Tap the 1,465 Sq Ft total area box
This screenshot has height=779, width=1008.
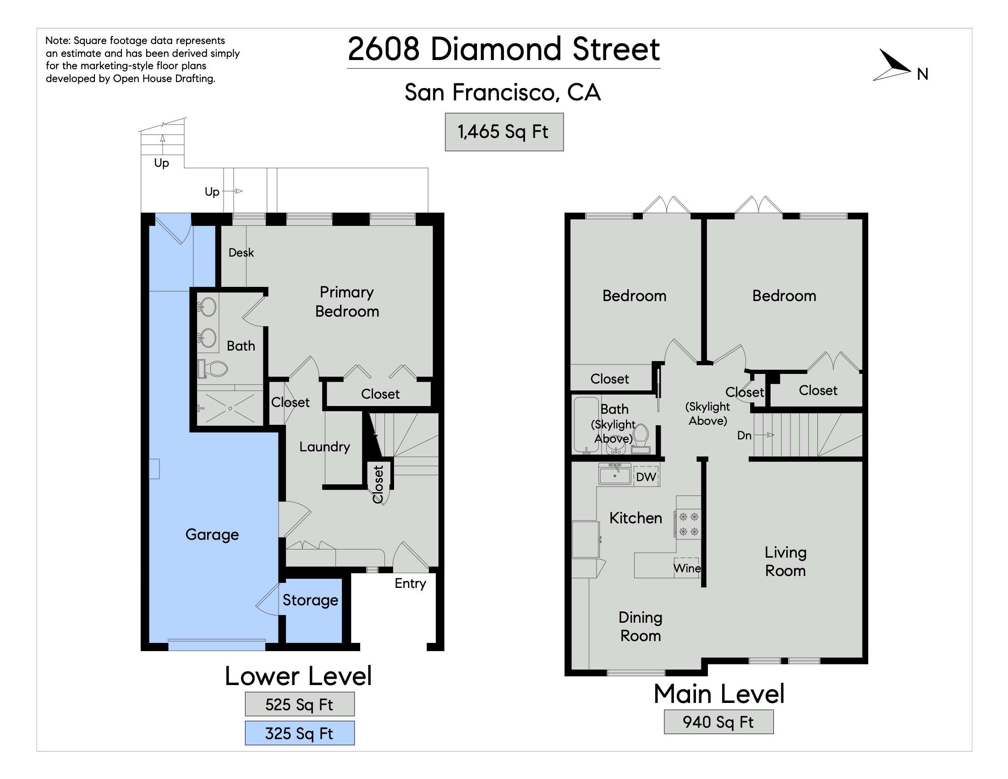pyautogui.click(x=504, y=132)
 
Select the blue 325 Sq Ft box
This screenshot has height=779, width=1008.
pyautogui.click(x=300, y=733)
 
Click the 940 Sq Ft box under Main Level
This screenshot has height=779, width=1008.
pyautogui.click(x=718, y=722)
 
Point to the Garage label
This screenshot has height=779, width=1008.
pyautogui.click(x=212, y=534)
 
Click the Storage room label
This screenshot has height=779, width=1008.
pyautogui.click(x=310, y=600)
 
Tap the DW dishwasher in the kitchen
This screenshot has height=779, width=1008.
pyautogui.click(x=646, y=477)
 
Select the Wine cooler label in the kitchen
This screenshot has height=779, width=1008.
pyautogui.click(x=687, y=568)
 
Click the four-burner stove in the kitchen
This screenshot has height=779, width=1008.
pyautogui.click(x=689, y=524)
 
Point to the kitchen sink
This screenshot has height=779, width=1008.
pyautogui.click(x=615, y=475)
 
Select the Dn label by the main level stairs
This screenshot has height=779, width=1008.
pyautogui.click(x=744, y=435)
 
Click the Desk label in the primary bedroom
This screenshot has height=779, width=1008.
pyautogui.click(x=241, y=252)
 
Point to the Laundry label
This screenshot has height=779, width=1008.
pyautogui.click(x=324, y=447)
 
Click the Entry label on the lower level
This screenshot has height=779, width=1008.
pyautogui.click(x=411, y=583)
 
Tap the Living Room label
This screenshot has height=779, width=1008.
pyautogui.click(x=785, y=561)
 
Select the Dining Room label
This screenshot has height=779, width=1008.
pyautogui.click(x=641, y=626)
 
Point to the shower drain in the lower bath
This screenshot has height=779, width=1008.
pyautogui.click(x=230, y=408)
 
